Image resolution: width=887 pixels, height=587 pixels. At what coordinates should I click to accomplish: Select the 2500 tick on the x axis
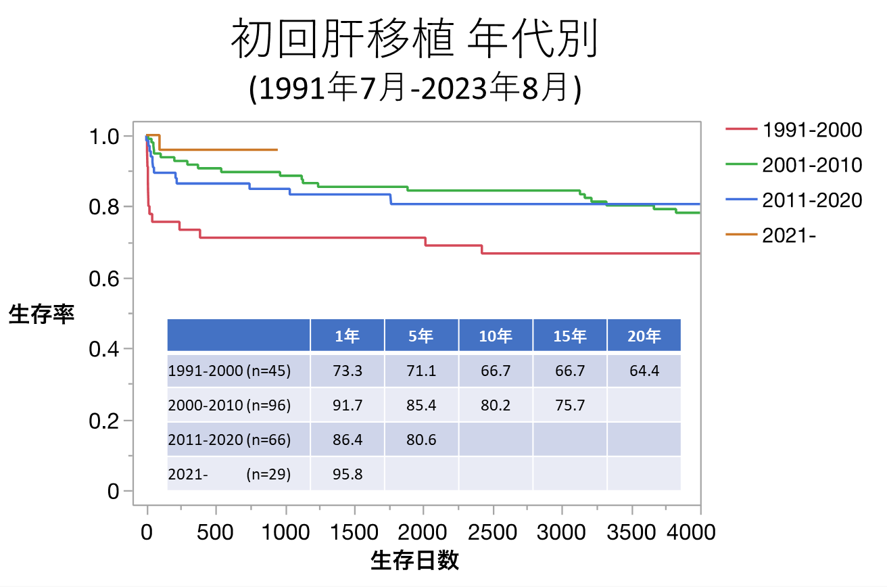[x=493, y=532]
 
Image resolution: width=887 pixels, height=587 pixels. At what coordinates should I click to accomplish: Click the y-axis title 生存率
[x=41, y=314]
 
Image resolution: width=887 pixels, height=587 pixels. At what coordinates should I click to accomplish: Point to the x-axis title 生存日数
[x=415, y=561]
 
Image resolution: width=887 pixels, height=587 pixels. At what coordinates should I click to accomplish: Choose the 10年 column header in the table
[x=496, y=336]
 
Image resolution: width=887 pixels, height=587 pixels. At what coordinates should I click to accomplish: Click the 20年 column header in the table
[x=644, y=336]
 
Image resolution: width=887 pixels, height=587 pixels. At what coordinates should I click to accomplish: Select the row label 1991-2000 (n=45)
[x=229, y=371]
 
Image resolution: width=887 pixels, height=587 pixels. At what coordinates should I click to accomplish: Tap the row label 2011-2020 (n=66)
[x=229, y=440]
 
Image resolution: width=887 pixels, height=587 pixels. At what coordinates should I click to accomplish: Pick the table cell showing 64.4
[x=644, y=371]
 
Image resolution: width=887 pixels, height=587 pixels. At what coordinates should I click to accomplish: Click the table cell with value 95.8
[x=347, y=474]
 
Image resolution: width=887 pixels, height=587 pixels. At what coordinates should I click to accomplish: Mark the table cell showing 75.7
[x=569, y=405]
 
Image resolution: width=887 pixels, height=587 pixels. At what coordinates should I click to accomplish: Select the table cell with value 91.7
[x=347, y=405]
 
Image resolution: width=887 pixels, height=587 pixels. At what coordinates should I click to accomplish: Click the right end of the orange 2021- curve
[x=277, y=149]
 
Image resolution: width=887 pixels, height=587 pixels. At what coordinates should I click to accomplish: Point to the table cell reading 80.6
[x=421, y=440]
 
